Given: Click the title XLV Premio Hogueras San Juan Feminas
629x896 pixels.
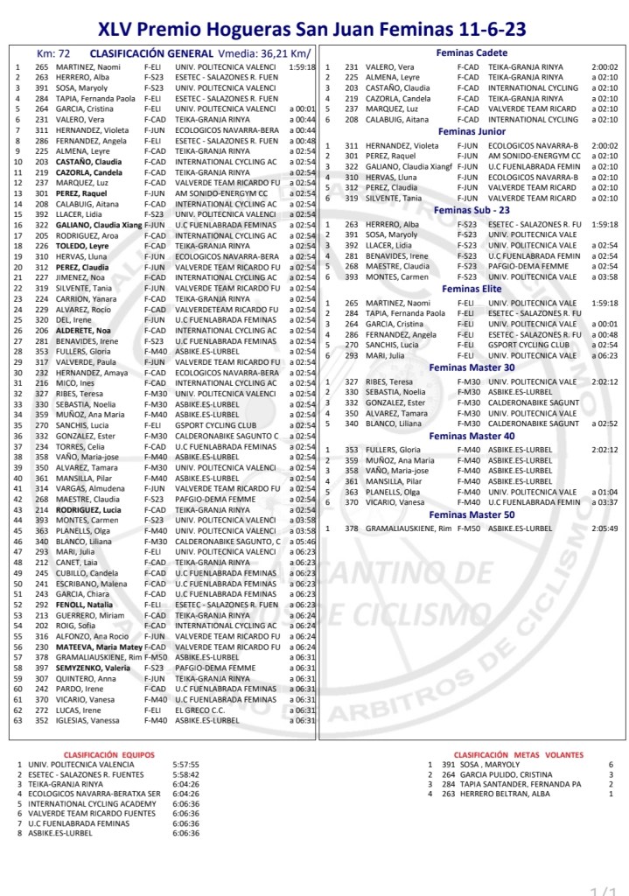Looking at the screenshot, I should (312, 30).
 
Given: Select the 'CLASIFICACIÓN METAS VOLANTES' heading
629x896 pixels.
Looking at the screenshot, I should (519, 754).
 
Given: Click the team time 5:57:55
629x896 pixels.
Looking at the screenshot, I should (185, 764).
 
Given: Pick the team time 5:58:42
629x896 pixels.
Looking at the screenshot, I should (185, 774).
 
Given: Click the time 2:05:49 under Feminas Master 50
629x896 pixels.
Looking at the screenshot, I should (604, 528).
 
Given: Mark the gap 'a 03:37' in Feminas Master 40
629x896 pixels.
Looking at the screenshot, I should (604, 502).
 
